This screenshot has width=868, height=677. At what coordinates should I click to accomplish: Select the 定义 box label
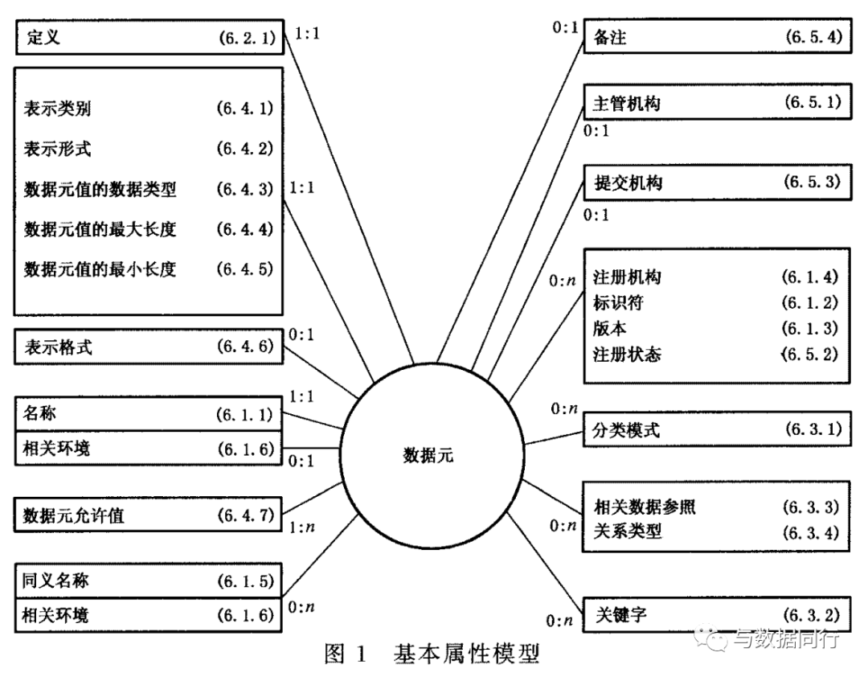pyautogui.click(x=43, y=37)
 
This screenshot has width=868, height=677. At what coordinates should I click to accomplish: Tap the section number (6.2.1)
pyautogui.click(x=247, y=38)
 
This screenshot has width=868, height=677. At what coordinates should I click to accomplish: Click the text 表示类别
pyautogui.click(x=57, y=109)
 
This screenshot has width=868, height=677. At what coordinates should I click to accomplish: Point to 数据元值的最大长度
pyautogui.click(x=100, y=229)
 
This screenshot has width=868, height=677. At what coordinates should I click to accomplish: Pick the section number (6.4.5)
pyautogui.click(x=245, y=269)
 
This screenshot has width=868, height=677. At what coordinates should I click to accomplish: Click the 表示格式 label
pyautogui.click(x=58, y=347)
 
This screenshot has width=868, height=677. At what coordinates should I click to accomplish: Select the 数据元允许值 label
pyautogui.click(x=74, y=515)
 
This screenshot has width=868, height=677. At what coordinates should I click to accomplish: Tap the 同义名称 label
pyautogui.click(x=55, y=581)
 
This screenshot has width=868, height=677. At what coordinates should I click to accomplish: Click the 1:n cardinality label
pyautogui.click(x=301, y=527)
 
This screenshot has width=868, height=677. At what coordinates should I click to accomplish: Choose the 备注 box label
pyautogui.click(x=609, y=38)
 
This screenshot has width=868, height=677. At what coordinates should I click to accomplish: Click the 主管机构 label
pyautogui.click(x=627, y=104)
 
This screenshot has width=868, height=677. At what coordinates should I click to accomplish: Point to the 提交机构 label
pyautogui.click(x=628, y=183)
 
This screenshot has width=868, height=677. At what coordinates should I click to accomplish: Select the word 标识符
pyautogui.click(x=618, y=302)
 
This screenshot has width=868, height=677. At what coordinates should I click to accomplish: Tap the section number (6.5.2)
pyautogui.click(x=810, y=354)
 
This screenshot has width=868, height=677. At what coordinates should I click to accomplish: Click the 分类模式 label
pyautogui.click(x=626, y=430)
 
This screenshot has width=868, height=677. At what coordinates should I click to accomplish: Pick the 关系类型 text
pyautogui.click(x=628, y=531)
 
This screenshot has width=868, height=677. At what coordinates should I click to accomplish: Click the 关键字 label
pyautogui.click(x=621, y=614)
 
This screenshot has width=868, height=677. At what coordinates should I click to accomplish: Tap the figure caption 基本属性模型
pyautogui.click(x=466, y=654)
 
